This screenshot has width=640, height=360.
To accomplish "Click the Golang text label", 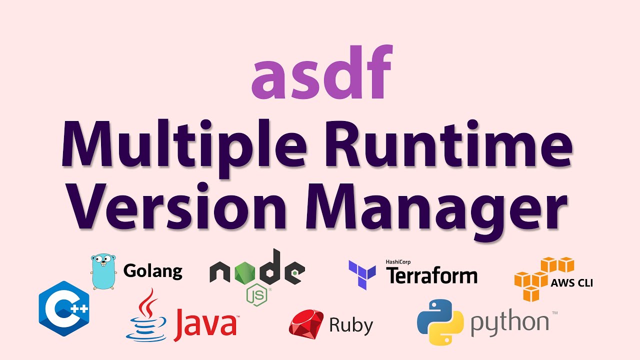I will (152, 271).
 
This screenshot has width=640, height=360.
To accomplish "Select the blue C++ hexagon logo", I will (63, 308).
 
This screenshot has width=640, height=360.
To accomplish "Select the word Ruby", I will (351, 325).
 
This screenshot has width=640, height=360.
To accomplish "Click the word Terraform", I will (432, 275).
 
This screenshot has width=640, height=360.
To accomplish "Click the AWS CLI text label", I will (571, 283).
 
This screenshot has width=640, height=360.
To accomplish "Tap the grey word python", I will (509, 324).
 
